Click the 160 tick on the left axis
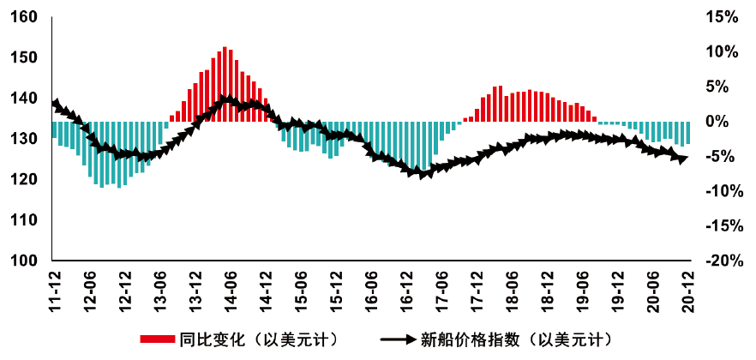(24, 17)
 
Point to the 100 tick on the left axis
(24, 261)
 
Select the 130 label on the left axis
(24, 139)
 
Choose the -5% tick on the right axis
(719, 157)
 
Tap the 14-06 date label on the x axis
(231, 291)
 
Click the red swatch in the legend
(158, 339)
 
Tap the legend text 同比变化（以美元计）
(255, 339)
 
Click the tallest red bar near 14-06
(225, 84)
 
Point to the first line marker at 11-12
(56, 104)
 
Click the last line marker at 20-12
(683, 159)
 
